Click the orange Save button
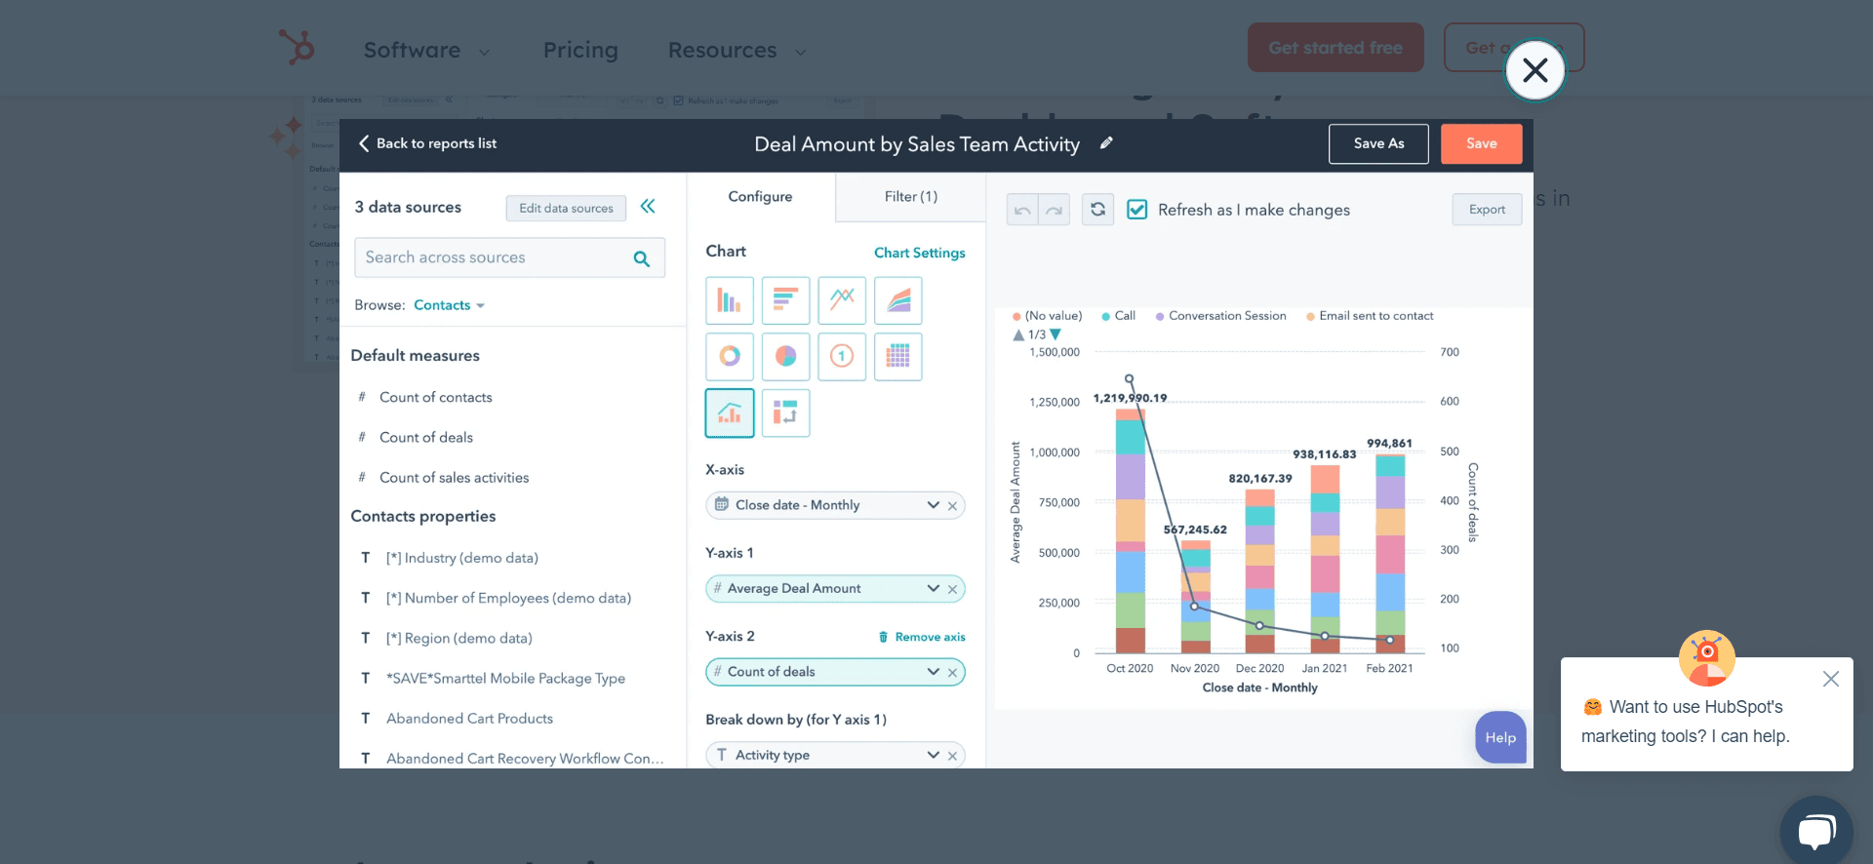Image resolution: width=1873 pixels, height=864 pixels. tap(1481, 143)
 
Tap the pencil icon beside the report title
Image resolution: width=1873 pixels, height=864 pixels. tap(1106, 143)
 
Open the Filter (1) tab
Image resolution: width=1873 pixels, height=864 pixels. tap(910, 197)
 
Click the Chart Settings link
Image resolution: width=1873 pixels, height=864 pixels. tap(919, 253)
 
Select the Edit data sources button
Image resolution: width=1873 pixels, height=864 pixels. tap(566, 208)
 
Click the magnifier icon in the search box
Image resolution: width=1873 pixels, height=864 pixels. tap(641, 258)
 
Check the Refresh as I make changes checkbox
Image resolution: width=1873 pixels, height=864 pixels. tap(1137, 210)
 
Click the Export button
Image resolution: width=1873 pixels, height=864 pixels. tap(1487, 210)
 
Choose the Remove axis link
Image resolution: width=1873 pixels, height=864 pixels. tap(922, 637)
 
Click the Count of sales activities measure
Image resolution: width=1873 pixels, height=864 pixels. tap(454, 478)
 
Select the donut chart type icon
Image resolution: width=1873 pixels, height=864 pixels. tap(730, 356)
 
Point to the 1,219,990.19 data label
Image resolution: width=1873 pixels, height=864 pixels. tap(1130, 398)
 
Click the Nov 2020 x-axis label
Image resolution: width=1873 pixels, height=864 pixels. tap(1195, 668)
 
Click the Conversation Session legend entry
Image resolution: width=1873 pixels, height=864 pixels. tap(1226, 316)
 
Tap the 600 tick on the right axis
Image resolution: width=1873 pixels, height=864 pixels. tap(1450, 402)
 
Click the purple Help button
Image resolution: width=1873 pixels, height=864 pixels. tap(1500, 738)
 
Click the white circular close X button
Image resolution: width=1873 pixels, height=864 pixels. tap(1535, 70)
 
